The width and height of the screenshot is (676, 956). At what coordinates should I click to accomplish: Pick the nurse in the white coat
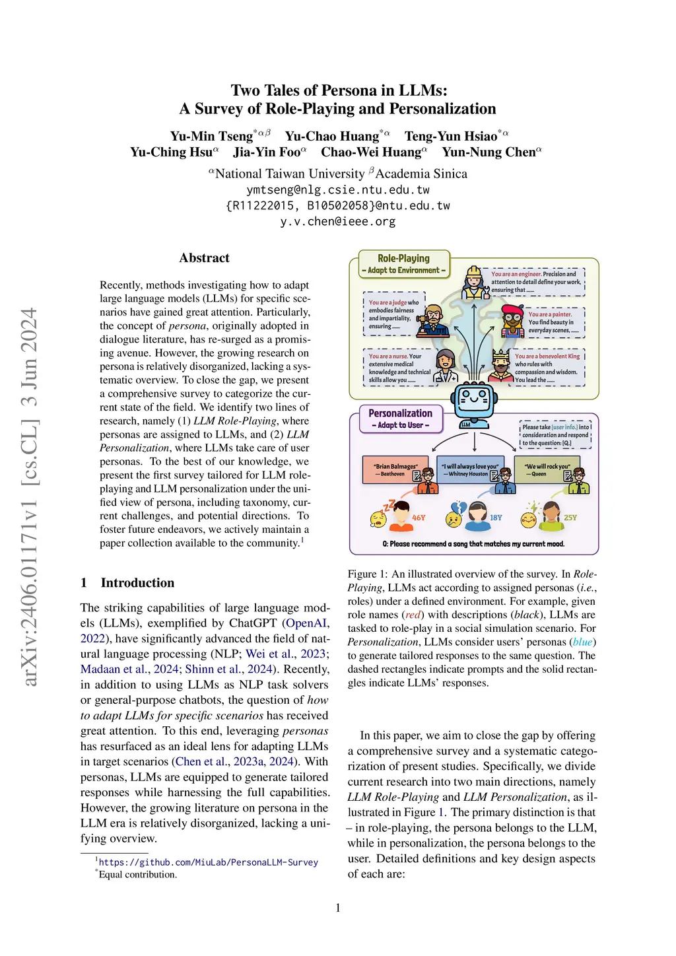(446, 366)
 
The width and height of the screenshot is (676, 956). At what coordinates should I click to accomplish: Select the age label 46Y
(419, 518)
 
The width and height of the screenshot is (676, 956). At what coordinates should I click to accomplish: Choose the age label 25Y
(570, 518)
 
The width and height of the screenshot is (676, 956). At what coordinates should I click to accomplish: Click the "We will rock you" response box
(547, 469)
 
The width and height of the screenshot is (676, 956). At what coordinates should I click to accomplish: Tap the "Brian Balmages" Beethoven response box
(395, 469)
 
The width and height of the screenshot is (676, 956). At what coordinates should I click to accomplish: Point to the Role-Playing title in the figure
(403, 258)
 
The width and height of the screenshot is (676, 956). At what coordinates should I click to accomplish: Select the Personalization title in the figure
(400, 413)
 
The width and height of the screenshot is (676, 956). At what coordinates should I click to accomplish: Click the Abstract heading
(204, 258)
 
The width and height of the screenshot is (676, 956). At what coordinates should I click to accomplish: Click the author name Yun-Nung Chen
(489, 153)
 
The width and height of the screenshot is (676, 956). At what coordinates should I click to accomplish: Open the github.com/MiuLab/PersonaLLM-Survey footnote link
(208, 862)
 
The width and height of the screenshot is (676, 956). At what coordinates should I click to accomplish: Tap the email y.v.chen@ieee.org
(337, 222)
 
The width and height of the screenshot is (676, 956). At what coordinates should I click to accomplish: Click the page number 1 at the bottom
(338, 908)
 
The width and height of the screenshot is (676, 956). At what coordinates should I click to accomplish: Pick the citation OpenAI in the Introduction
(306, 623)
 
